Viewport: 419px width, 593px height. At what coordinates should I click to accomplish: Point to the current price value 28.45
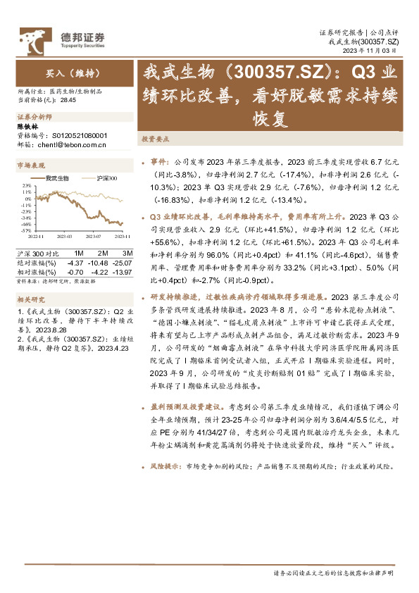click(x=68, y=101)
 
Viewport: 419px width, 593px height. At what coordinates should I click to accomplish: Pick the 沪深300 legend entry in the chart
click(x=105, y=178)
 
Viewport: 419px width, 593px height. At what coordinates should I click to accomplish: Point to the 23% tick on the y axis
click(x=25, y=185)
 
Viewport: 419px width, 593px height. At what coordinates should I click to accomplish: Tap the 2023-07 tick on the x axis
click(x=96, y=236)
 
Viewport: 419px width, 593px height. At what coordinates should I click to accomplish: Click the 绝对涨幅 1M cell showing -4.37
click(x=75, y=262)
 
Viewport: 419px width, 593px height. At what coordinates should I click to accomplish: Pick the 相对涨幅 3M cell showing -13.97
click(x=124, y=271)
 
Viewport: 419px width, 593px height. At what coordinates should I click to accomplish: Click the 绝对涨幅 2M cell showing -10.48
click(x=99, y=262)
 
